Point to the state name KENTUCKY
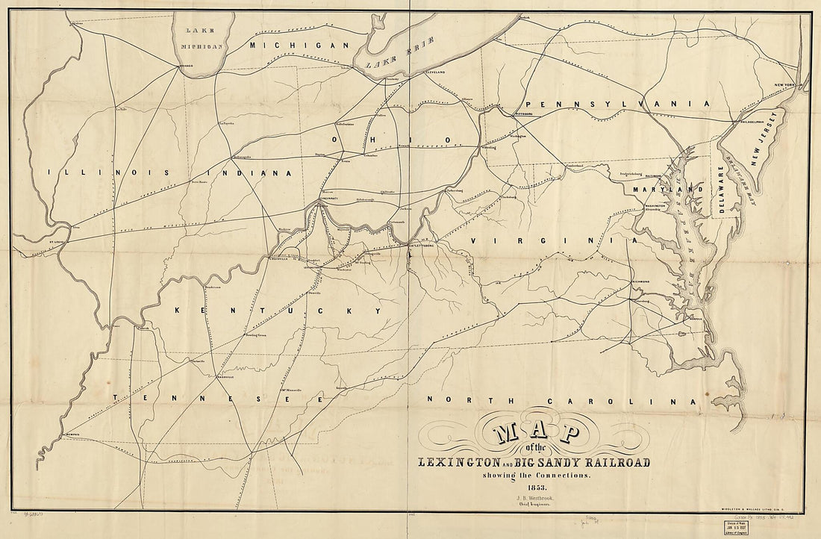[x=276, y=310]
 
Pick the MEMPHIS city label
[x=72, y=436]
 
